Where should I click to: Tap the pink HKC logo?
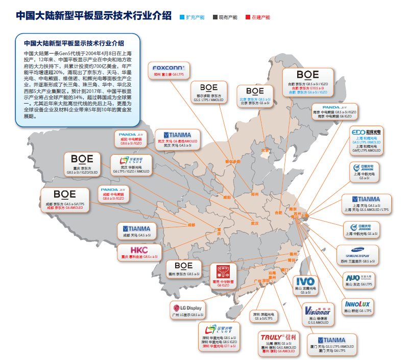click(139, 250)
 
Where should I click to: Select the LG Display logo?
click(188, 308)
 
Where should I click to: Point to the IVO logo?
click(306, 281)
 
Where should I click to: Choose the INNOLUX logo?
click(357, 304)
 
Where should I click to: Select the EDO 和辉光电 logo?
click(367, 132)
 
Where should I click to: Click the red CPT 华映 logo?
click(223, 271)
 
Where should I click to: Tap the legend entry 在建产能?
click(258, 17)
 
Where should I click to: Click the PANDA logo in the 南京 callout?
click(331, 106)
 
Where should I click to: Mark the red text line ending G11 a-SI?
click(218, 347)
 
